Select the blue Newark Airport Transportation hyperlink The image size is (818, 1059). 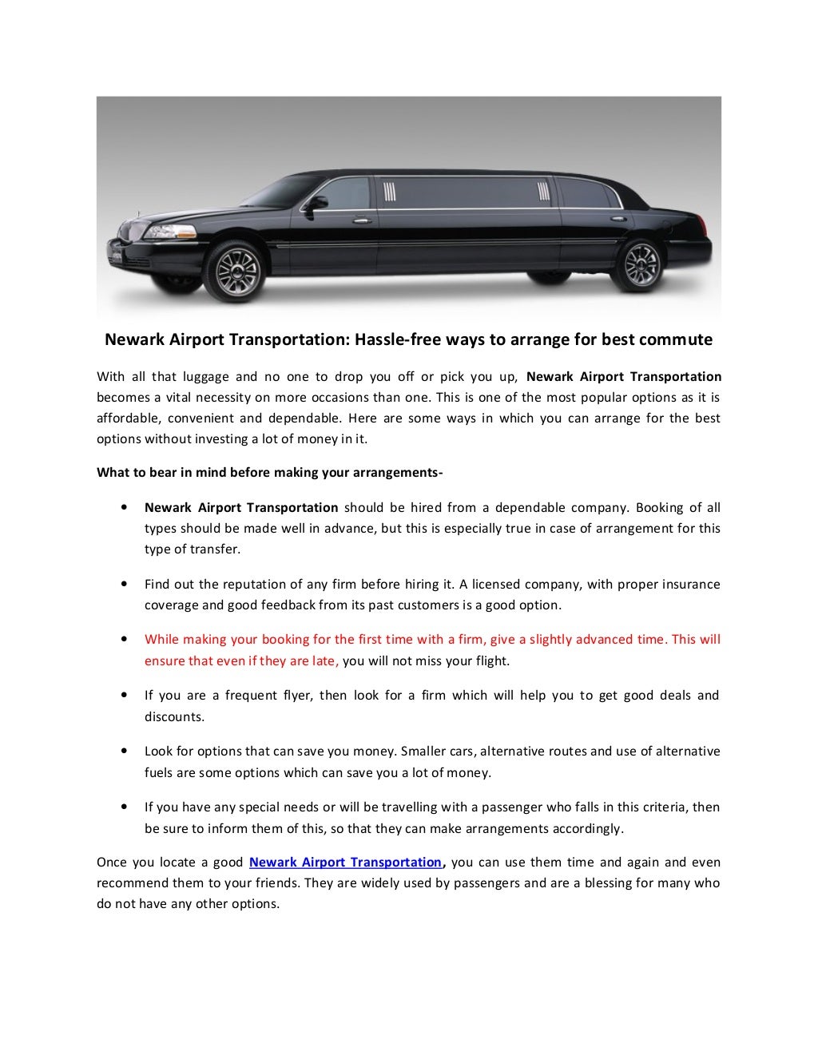346,863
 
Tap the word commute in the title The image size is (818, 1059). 675,339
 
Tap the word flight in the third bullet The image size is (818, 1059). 489,660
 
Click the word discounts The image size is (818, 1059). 174,716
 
